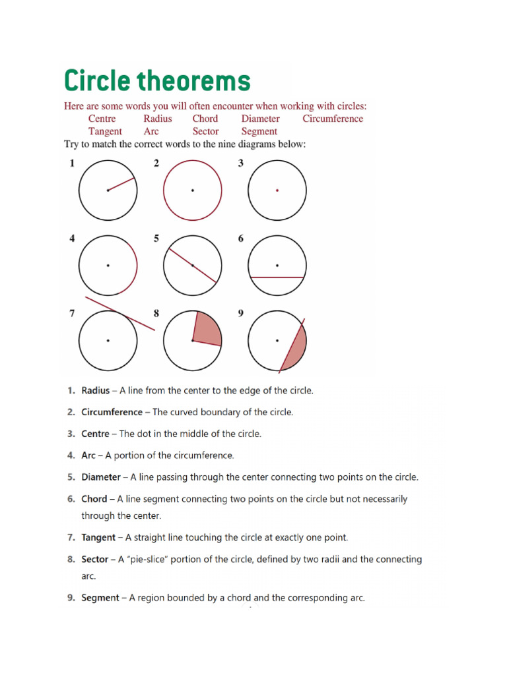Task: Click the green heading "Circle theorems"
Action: (x=157, y=81)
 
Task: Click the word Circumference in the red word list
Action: (x=333, y=119)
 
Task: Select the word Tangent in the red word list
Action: (x=105, y=131)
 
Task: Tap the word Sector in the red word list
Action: (x=205, y=131)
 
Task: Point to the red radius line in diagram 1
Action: (x=121, y=184)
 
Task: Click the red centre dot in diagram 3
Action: (x=277, y=190)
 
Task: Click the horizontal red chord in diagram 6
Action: (x=277, y=278)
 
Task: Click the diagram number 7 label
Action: (x=72, y=314)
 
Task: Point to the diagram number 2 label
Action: (x=156, y=163)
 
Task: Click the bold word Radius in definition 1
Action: (x=95, y=390)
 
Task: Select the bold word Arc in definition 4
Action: (x=88, y=455)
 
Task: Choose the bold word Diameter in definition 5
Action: (x=100, y=477)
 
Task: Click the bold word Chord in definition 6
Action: (x=94, y=499)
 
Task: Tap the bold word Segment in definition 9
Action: (x=100, y=598)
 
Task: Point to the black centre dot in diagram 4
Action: (x=108, y=266)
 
